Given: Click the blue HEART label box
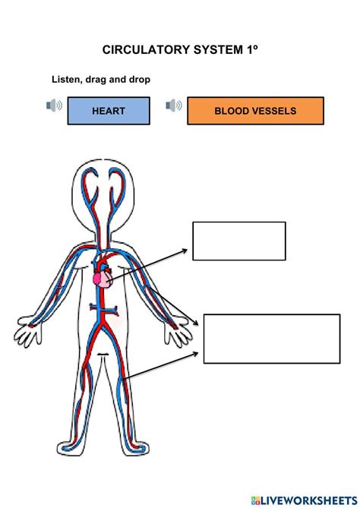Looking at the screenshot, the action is [109, 111].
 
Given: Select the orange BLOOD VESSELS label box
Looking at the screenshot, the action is [255, 111].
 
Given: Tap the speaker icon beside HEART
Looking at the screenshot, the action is [54, 106].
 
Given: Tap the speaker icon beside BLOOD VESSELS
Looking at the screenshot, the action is [174, 106].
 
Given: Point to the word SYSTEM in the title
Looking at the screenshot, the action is [218, 50].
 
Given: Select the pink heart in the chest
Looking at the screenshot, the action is [103, 279].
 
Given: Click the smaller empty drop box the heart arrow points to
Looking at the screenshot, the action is [239, 241].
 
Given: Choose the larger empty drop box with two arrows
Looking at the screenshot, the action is [272, 339].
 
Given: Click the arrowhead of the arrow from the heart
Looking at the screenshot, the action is [185, 251].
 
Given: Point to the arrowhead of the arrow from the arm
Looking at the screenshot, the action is [195, 323].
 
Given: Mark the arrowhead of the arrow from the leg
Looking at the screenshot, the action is [195, 353].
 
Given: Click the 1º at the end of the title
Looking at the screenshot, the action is [252, 50].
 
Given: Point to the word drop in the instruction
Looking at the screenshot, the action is [140, 80].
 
